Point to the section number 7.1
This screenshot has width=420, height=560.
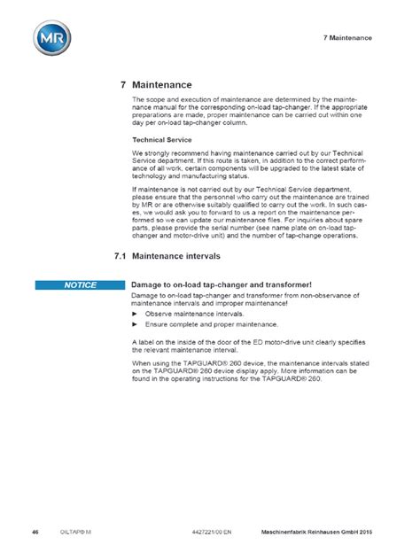(121, 255)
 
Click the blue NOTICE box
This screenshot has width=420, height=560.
(79, 284)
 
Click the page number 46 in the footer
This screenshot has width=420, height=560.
(35, 531)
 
